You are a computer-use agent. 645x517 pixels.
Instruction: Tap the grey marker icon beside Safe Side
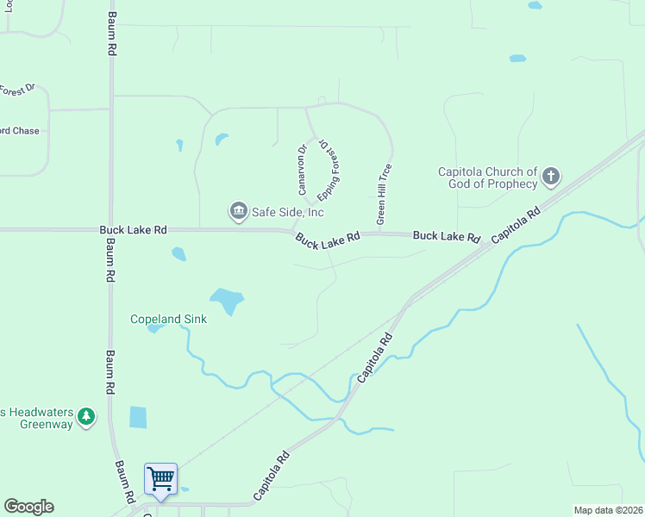238,210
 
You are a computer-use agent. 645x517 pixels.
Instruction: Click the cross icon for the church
551,178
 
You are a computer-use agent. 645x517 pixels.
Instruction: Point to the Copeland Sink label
168,319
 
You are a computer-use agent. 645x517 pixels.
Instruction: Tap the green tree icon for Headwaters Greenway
85,417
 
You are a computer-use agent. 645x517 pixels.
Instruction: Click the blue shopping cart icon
160,478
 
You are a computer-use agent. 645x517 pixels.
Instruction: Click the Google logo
28,507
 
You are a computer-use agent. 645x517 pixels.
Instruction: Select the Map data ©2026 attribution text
608,510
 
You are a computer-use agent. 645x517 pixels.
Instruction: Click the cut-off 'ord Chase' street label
19,131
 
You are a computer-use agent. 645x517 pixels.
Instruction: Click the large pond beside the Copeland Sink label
227,301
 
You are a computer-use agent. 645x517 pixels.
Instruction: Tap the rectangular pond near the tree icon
138,417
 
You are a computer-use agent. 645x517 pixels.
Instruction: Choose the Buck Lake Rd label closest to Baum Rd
133,230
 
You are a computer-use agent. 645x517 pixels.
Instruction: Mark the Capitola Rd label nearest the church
515,225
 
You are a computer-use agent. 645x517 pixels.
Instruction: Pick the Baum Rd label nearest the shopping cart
124,481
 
